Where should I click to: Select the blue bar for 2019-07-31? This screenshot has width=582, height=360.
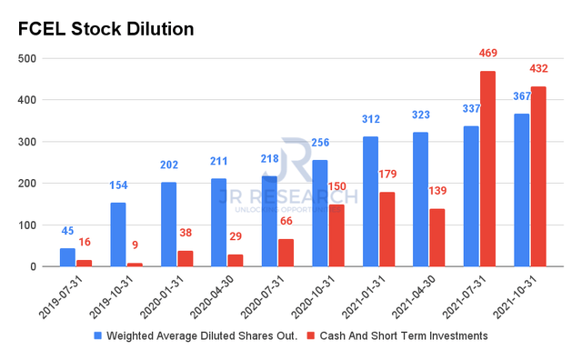[67, 257]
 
